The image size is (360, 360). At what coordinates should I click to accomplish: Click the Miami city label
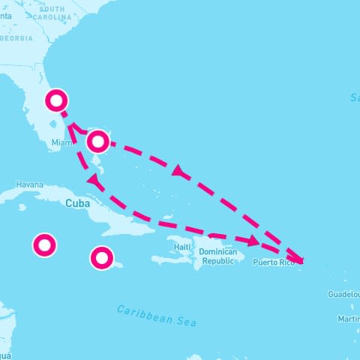[x=61, y=142]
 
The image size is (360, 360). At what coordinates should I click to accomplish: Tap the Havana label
[x=30, y=184]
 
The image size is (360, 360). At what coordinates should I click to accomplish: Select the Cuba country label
[x=78, y=203]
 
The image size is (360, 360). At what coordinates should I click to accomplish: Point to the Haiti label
[x=182, y=246]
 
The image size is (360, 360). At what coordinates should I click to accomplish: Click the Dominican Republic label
[x=218, y=257]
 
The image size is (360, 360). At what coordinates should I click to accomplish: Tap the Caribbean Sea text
[x=157, y=316]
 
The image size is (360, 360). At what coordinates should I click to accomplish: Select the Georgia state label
[x=16, y=37]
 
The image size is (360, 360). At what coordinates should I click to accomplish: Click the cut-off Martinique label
[x=349, y=319]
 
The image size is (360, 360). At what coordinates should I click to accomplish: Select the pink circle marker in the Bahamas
[x=98, y=141]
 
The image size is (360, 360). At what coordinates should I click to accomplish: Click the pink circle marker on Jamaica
[x=102, y=258]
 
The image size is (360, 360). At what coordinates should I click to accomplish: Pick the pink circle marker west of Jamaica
[x=44, y=244]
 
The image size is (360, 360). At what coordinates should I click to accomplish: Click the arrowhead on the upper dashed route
[x=178, y=172]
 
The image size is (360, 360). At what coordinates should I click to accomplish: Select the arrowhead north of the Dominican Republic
[x=254, y=241]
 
